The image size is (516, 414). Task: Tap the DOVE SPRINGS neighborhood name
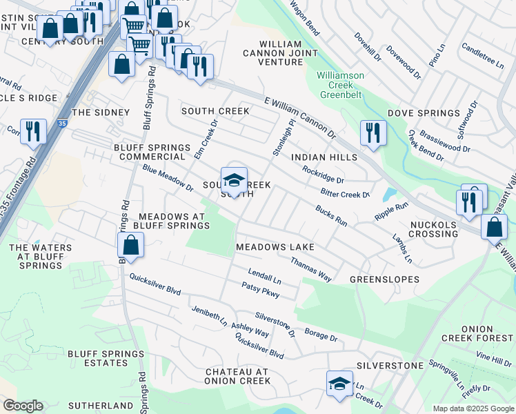pyautogui.click(x=424, y=113)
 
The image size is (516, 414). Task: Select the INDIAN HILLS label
pyautogui.click(x=324, y=157)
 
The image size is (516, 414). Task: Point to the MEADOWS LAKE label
pyautogui.click(x=275, y=247)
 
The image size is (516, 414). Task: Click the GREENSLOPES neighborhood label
pyautogui.click(x=384, y=279)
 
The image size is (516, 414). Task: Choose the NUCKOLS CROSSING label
pyautogui.click(x=434, y=229)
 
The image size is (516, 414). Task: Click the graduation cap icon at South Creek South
pyautogui.click(x=234, y=181)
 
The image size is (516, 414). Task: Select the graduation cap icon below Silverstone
pyautogui.click(x=339, y=384)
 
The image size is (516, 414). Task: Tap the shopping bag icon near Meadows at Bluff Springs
pyautogui.click(x=130, y=245)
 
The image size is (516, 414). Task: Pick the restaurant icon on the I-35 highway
pyautogui.click(x=33, y=130)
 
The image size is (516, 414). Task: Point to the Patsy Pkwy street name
pyautogui.click(x=260, y=290)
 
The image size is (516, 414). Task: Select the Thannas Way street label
pyautogui.click(x=311, y=269)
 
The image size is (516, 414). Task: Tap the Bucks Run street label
pyautogui.click(x=331, y=215)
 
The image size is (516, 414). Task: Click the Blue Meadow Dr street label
pyautogui.click(x=168, y=178)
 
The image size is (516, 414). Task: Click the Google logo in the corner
pyautogui.click(x=22, y=406)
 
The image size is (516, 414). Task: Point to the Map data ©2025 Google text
pyautogui.click(x=472, y=408)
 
